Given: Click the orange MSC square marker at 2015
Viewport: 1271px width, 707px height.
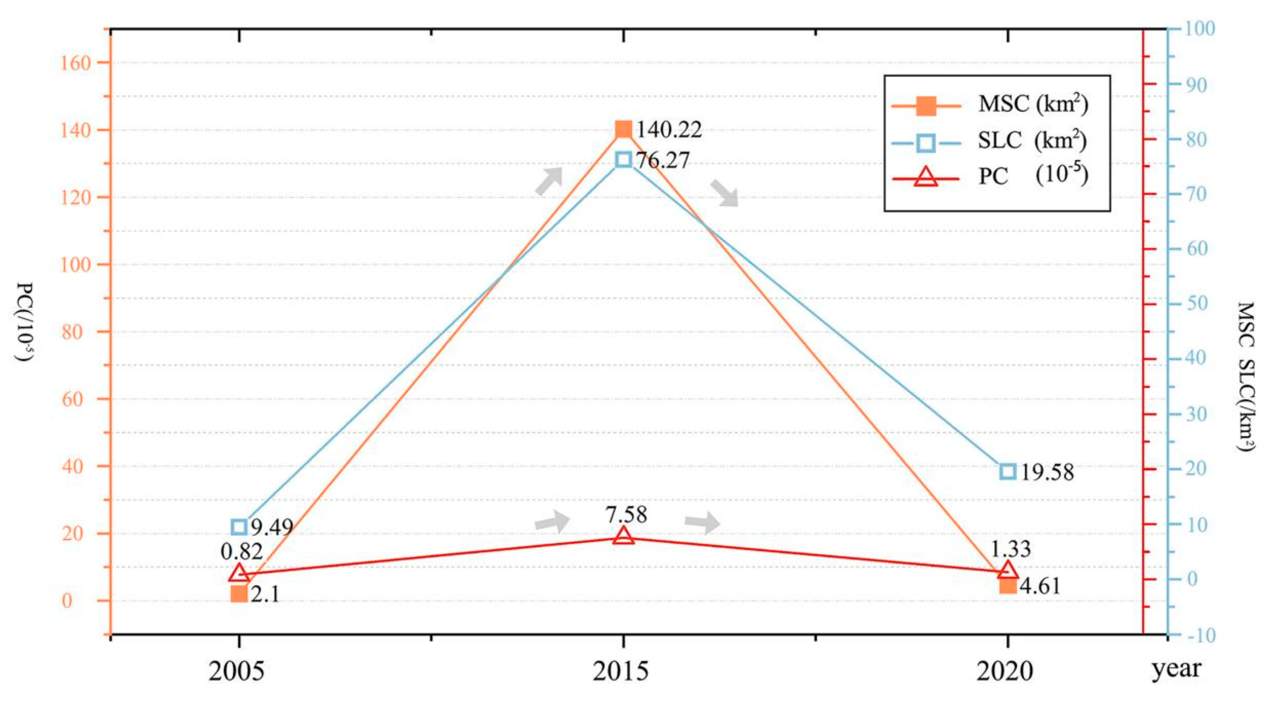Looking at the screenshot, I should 624,129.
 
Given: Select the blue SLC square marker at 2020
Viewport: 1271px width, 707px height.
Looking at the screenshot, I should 1007,471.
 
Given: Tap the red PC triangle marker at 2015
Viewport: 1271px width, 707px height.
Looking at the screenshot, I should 624,536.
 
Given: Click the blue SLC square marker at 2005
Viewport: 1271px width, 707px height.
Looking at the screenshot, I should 239,527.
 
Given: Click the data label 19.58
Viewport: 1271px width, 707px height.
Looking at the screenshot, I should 1047,473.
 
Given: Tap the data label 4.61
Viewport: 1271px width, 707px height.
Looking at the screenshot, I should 1040,587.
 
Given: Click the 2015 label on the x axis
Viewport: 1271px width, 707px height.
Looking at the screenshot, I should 621,672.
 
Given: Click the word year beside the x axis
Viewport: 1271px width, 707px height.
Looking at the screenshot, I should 1176,669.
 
